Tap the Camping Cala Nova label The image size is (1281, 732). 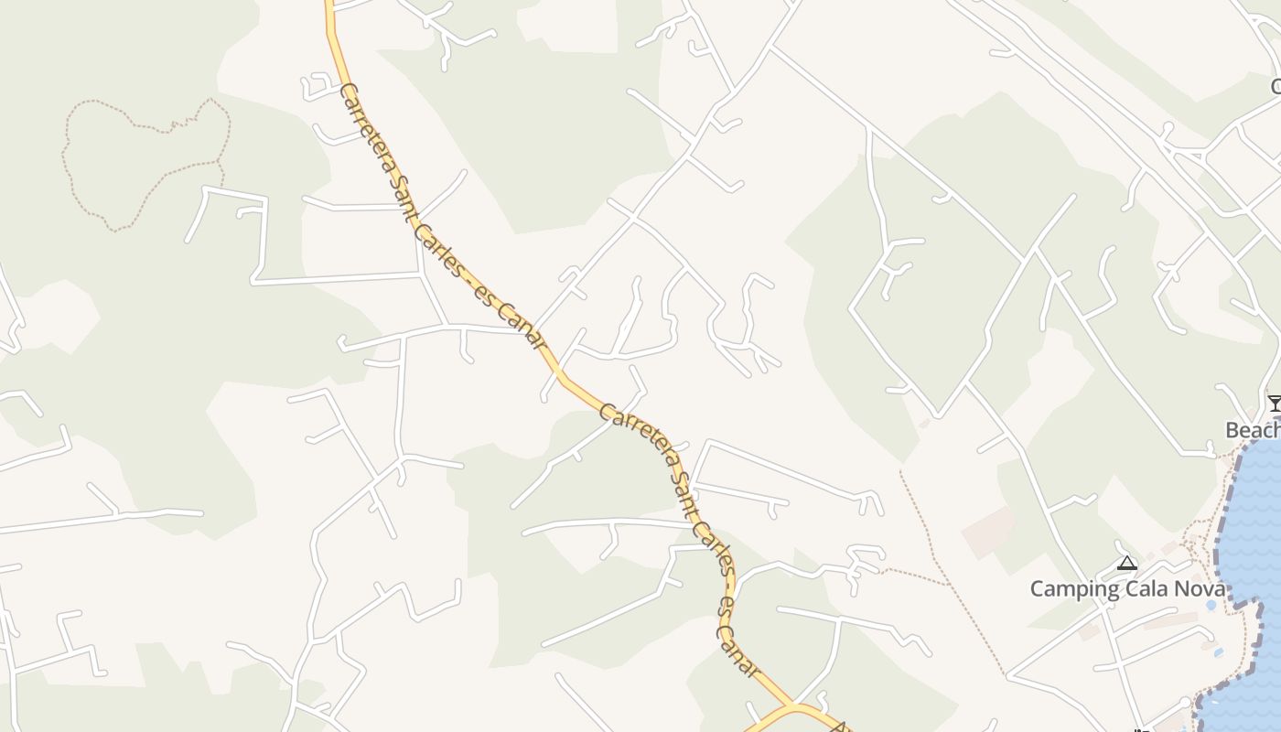coord(1126,588)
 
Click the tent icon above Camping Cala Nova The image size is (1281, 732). coord(1127,563)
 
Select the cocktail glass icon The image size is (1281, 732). coord(1274,403)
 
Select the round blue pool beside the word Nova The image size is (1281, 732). coord(1211,605)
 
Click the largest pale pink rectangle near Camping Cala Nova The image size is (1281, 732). coord(988,531)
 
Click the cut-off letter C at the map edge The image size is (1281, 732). coord(1275,87)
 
